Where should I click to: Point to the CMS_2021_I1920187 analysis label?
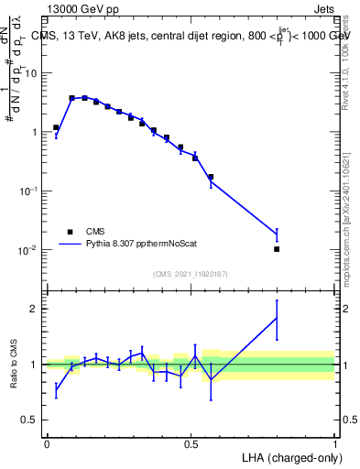click(190, 273)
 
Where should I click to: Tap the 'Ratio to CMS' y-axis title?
click(13, 364)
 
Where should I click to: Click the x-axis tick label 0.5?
click(191, 442)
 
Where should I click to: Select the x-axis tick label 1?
click(334, 442)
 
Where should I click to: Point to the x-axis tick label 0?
click(47, 442)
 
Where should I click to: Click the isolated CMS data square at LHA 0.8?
click(277, 249)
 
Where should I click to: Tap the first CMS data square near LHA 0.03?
click(56, 128)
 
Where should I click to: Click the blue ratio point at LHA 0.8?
click(277, 318)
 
